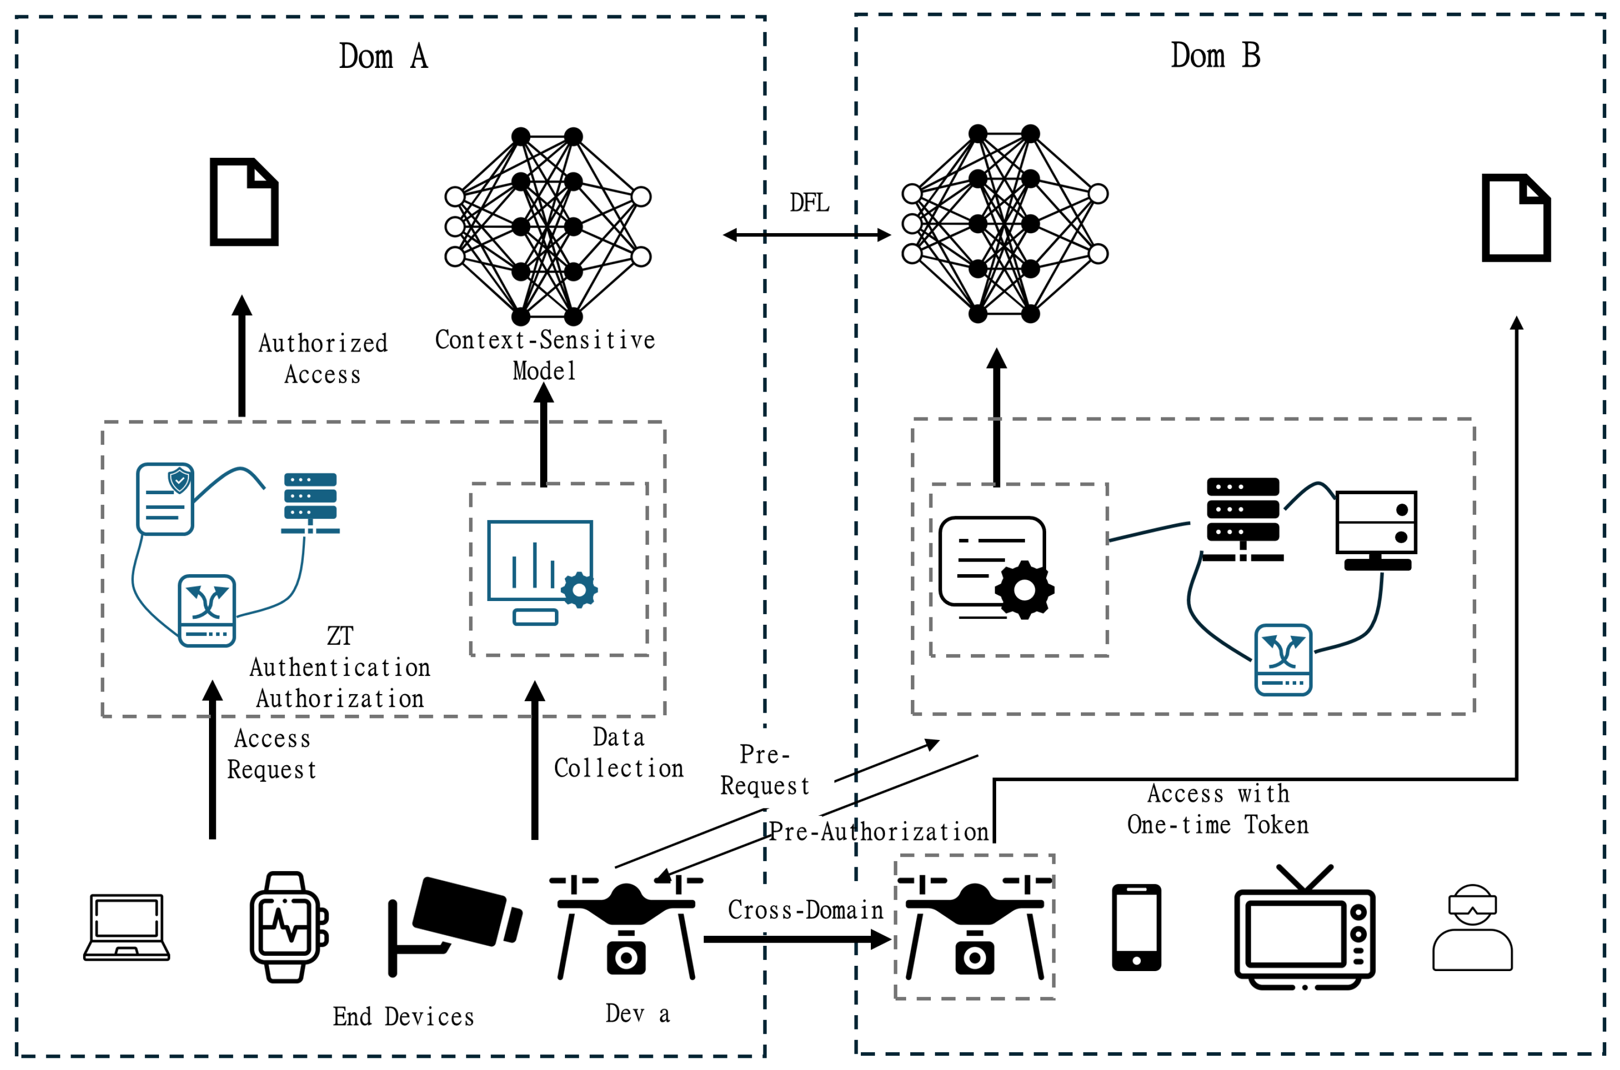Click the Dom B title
1215,55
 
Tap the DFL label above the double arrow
809,203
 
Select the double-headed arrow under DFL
807,235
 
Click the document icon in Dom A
244,202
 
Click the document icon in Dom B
1516,218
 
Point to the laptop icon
126,927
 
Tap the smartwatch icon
287,927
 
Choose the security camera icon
454,925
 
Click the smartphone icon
1136,927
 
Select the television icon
1304,927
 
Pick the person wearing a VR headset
1472,927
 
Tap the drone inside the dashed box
975,927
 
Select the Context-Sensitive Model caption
545,355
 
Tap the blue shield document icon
165,499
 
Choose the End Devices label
403,1017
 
